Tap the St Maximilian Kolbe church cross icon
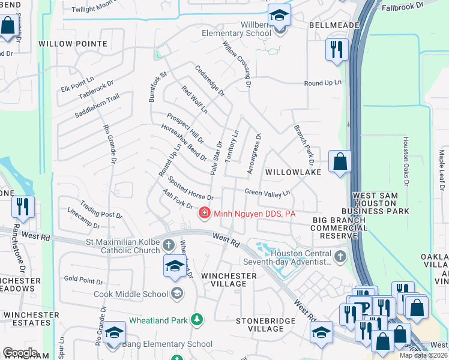(169, 245)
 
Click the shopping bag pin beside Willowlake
(340, 162)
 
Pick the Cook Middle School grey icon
(177, 293)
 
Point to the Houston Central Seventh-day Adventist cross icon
(340, 257)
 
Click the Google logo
(20, 353)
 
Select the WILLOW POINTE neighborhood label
(73, 44)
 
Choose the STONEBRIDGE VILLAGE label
(266, 325)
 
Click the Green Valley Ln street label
(267, 193)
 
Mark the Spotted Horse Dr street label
(190, 188)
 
